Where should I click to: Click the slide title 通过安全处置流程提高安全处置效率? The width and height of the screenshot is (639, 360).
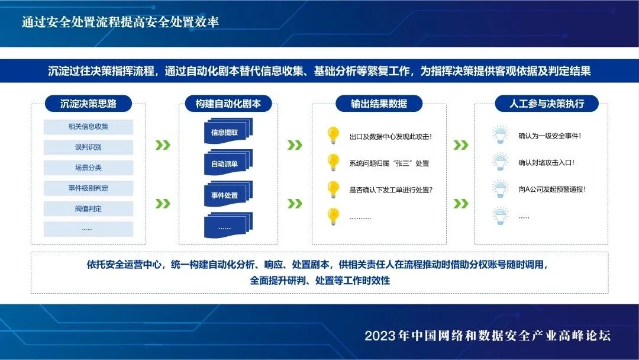121,22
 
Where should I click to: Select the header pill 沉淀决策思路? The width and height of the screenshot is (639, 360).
88,104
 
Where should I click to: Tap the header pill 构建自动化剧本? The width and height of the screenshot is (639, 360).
228,104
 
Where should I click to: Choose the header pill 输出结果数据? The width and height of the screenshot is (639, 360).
379,104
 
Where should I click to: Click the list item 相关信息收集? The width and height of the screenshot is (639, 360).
88,127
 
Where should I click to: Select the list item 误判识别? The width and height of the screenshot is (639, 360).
88,147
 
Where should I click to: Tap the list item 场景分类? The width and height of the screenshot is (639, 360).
88,168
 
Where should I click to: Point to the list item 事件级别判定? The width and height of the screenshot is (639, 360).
88,188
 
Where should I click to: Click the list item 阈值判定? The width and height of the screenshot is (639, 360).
88,208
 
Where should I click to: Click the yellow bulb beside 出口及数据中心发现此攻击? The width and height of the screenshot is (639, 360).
333,135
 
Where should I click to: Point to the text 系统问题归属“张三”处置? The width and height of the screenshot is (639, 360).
389,163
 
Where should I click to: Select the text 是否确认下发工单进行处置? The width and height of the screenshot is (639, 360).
390,190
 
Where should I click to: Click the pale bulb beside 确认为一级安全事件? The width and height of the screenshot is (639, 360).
501,135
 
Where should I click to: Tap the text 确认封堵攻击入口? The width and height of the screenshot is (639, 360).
546,163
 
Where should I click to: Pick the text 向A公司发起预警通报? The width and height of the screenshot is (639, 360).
551,189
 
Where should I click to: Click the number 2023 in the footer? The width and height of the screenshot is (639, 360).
380,336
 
